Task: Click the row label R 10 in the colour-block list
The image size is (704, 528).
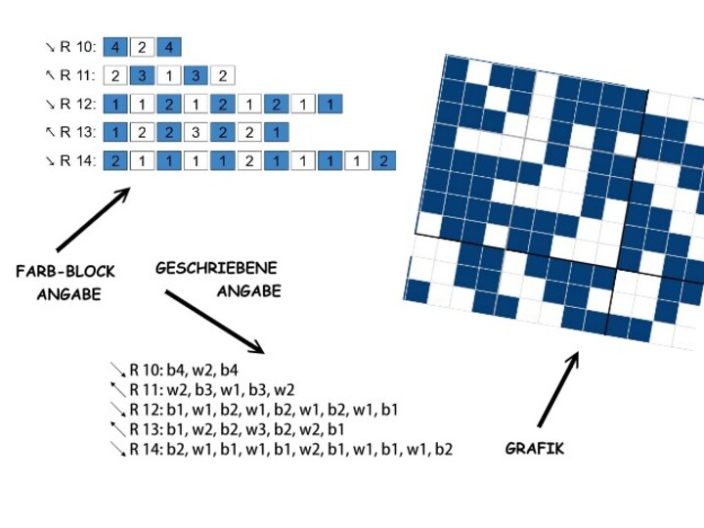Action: [76, 47]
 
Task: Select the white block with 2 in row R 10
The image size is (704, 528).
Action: [142, 47]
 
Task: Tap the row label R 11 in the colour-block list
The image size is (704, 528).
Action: [76, 75]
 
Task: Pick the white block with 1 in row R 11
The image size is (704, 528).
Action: [168, 75]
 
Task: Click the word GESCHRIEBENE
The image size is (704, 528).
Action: [216, 267]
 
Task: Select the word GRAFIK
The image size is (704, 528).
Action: [535, 449]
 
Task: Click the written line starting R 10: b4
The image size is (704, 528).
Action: [184, 370]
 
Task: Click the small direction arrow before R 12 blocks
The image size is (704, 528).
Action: [50, 104]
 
